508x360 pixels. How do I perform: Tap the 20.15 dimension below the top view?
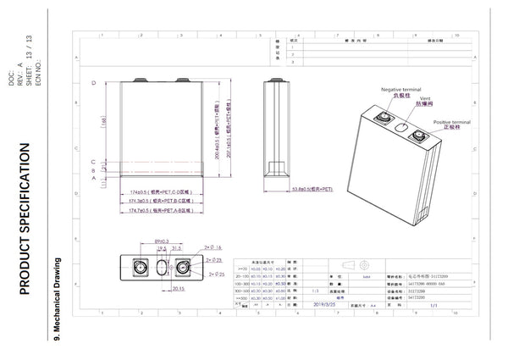click(179, 287)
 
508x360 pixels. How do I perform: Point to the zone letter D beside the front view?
click(92, 85)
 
